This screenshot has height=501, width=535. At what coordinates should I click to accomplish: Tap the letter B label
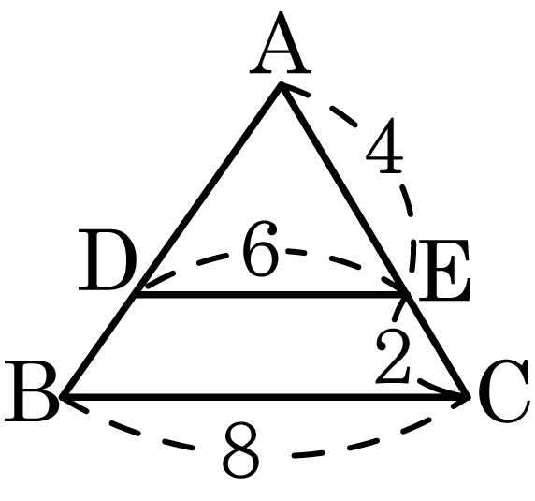click(31, 391)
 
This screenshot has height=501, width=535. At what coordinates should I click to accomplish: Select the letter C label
click(504, 391)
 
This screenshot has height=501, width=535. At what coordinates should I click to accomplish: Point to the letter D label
click(108, 260)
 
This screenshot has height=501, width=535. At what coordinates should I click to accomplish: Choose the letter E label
click(444, 270)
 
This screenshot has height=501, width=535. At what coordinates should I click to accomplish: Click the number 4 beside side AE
click(384, 145)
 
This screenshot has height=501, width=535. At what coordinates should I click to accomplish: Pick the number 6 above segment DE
click(260, 248)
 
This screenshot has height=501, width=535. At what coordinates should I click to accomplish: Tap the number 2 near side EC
click(393, 355)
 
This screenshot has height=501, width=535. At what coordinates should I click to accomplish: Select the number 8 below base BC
click(241, 450)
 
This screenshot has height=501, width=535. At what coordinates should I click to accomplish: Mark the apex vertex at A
click(281, 84)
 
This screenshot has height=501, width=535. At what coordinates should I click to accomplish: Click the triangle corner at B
click(63, 397)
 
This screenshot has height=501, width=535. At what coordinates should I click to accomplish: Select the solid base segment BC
click(265, 397)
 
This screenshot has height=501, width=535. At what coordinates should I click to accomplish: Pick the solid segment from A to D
click(208, 189)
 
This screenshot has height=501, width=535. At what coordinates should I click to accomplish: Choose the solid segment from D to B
click(98, 346)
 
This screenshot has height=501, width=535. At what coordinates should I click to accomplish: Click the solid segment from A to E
click(343, 189)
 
